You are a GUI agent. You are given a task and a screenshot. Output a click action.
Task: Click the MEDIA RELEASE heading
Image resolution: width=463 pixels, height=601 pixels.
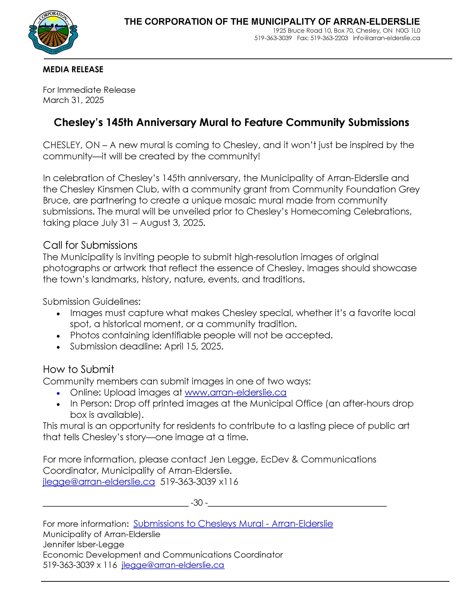73,69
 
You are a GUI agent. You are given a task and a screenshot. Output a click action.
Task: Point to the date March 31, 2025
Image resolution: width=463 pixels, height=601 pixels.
73,100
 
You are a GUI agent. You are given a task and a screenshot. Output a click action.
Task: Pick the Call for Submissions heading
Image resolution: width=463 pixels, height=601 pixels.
90,245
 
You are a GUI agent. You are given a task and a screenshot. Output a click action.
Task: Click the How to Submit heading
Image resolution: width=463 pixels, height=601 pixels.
78,369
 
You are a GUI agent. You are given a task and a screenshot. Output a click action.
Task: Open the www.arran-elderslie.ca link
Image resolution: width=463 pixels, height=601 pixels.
235,392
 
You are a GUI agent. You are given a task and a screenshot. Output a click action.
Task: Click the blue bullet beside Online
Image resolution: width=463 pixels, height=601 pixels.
58,393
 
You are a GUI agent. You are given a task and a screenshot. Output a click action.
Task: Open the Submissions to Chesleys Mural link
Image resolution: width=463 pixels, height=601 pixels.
233,524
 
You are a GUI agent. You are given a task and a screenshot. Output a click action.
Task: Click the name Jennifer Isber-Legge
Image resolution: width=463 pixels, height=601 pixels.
83,545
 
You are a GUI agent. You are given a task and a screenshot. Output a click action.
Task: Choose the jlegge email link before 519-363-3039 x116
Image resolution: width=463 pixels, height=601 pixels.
99,482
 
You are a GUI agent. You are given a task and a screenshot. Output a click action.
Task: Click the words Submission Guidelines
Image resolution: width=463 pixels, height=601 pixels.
91,302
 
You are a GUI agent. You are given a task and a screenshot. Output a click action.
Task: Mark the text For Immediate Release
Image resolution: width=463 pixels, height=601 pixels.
89,90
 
